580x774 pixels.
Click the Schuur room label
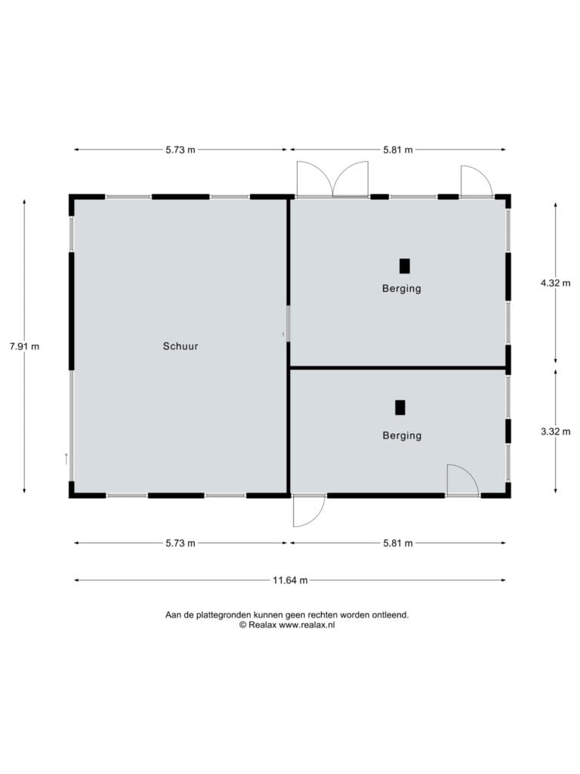[180, 346]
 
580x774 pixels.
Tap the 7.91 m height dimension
[24, 346]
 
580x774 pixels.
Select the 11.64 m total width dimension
[290, 580]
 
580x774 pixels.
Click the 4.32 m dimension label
[555, 283]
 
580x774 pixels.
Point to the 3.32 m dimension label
[555, 431]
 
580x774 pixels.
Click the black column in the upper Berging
[405, 266]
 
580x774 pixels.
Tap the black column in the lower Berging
[400, 407]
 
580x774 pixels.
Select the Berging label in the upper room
[402, 288]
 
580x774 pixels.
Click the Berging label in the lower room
[402, 435]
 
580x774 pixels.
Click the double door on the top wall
[332, 178]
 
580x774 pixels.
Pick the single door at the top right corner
[477, 181]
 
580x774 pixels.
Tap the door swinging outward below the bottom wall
[309, 510]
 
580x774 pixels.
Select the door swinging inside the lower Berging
[463, 479]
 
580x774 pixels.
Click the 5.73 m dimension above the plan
[180, 150]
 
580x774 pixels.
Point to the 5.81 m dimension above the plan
[398, 150]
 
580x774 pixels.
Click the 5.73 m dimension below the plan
[180, 543]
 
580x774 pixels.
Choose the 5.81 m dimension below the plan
[398, 543]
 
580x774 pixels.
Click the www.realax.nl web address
[307, 624]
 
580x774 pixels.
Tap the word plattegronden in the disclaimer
[224, 615]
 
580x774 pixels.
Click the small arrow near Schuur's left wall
[66, 459]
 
